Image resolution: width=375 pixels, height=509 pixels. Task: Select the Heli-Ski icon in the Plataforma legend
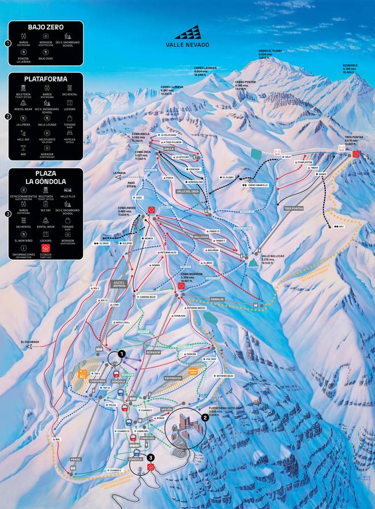pos(24,136)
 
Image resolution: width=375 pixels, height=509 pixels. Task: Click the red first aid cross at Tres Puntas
pos(356,154)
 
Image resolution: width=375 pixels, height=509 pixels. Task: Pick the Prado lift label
pos(75,459)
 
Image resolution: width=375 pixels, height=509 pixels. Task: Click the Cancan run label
pos(191,354)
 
